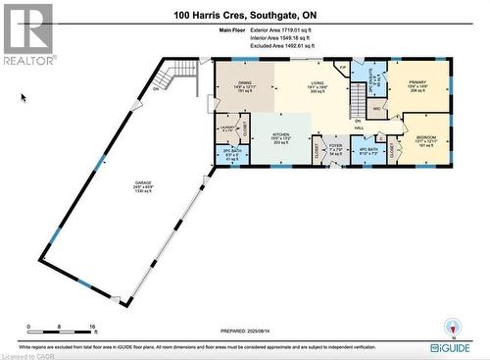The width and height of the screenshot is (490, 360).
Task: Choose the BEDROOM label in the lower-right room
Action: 426,139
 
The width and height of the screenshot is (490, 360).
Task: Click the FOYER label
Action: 334,148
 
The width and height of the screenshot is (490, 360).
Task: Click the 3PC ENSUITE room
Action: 370,75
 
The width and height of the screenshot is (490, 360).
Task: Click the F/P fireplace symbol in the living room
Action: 341,67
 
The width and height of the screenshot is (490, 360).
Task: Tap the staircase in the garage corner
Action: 183,73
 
